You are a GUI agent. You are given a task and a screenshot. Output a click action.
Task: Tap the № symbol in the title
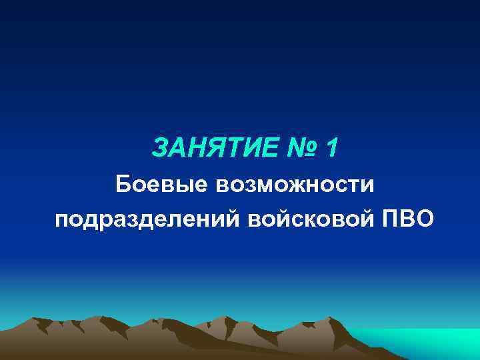click(x=294, y=149)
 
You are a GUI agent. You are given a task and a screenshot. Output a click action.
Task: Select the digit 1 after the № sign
click(x=331, y=149)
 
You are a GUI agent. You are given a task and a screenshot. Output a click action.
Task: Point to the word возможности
click(x=295, y=183)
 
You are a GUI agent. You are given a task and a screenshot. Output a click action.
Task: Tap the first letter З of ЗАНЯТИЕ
click(x=160, y=149)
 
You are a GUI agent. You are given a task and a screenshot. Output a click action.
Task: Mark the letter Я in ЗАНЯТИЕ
click(x=211, y=149)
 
